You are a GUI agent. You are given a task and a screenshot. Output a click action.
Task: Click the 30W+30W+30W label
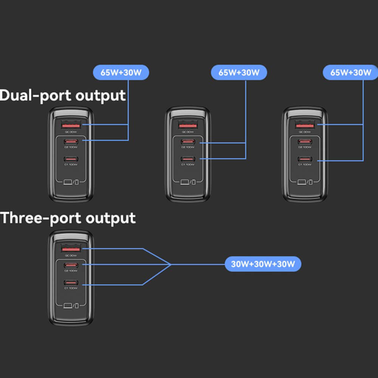[263, 264]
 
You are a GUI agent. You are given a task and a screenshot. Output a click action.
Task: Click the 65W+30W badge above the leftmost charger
[121, 73]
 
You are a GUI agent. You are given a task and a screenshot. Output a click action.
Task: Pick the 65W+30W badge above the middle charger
[239, 73]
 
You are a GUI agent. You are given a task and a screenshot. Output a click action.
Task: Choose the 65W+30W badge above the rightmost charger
[351, 72]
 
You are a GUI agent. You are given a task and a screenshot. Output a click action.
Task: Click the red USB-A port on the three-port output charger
[71, 249]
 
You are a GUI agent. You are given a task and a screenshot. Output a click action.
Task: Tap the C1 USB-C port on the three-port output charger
[71, 283]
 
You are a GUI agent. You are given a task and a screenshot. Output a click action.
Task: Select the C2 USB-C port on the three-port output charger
[71, 265]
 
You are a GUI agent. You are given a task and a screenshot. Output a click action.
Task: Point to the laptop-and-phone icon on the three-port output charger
[71, 305]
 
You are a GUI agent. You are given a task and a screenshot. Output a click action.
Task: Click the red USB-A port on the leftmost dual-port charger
[71, 125]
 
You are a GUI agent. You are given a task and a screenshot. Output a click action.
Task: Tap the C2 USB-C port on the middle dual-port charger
[188, 142]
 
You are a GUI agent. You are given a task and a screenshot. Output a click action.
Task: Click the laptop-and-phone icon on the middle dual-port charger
[188, 182]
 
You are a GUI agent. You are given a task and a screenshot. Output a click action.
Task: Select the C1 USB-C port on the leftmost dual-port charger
[71, 159]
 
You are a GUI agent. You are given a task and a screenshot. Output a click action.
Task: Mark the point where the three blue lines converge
[171, 265]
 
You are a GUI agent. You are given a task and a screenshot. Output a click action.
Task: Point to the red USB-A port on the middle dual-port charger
[188, 125]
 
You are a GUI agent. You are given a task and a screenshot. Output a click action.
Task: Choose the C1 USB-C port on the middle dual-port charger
[188, 159]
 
